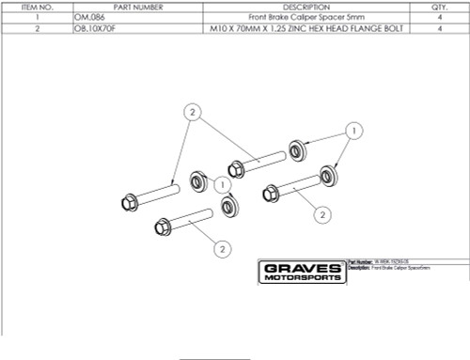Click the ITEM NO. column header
(x=35, y=7)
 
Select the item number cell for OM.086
(x=35, y=18)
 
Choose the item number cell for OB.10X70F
(x=35, y=29)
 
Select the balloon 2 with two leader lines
(x=192, y=112)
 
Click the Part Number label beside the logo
(x=359, y=261)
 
